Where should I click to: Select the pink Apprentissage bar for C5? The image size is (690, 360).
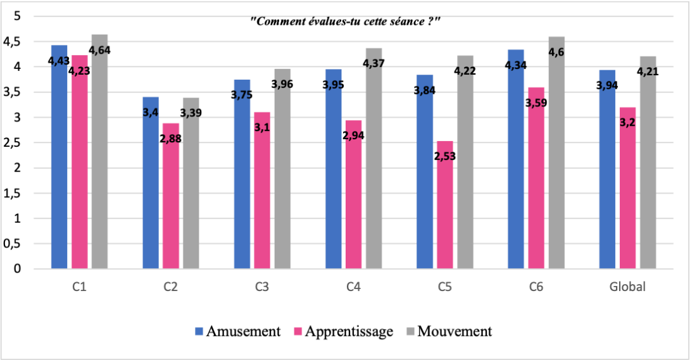click(445, 215)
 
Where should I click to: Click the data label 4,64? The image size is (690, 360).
click(99, 50)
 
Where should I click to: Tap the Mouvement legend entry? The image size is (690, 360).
click(451, 331)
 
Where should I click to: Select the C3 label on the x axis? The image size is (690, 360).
click(261, 287)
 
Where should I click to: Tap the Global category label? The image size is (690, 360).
click(627, 287)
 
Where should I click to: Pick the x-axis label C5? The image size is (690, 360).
click(444, 287)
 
